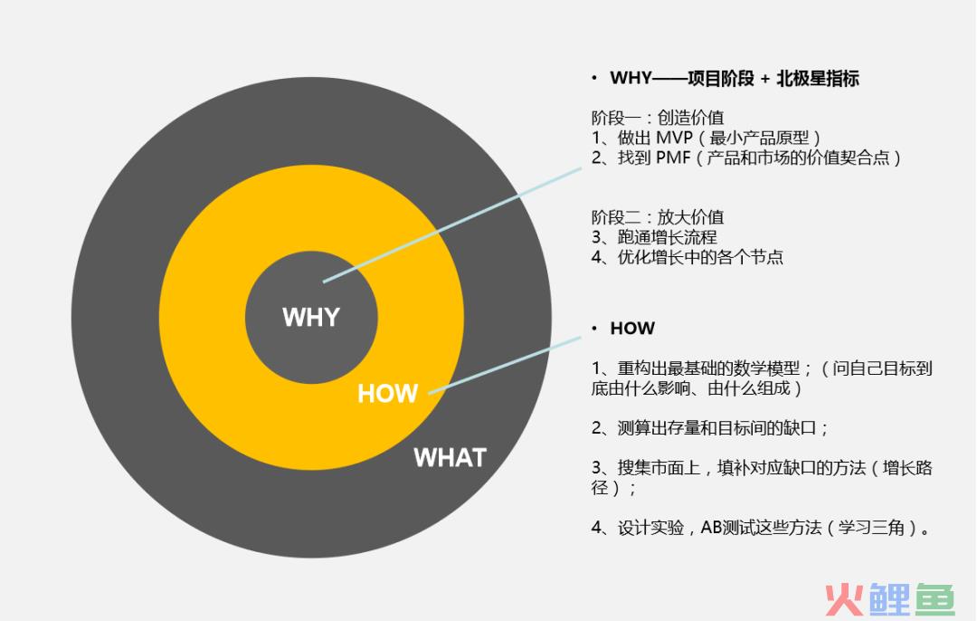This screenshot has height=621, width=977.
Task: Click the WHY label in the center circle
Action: [311, 318]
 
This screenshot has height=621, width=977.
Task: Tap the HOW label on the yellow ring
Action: [387, 394]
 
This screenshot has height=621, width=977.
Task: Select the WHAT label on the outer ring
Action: [450, 458]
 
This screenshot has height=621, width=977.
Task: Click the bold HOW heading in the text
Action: [632, 328]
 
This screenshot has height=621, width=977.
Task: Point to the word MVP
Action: [674, 138]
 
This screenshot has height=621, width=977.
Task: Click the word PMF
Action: [673, 158]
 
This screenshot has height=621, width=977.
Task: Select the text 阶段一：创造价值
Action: [658, 117]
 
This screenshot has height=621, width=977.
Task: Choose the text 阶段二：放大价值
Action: [658, 217]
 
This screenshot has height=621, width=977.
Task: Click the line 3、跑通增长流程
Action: [654, 237]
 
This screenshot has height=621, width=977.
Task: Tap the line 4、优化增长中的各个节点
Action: [688, 257]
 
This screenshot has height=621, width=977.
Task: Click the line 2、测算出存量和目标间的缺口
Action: [709, 427]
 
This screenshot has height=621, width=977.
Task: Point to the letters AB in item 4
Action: [711, 528]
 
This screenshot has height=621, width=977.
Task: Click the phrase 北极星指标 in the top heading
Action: [818, 79]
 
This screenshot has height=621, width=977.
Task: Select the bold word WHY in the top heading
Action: [631, 79]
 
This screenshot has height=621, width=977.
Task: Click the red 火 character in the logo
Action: [844, 600]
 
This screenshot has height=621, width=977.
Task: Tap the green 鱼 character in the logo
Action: [934, 600]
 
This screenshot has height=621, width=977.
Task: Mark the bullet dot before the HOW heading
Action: [594, 328]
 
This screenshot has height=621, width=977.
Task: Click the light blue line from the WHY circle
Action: [452, 225]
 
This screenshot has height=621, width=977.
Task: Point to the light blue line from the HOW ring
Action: [505, 366]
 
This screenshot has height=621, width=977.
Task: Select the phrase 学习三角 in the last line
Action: [871, 528]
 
